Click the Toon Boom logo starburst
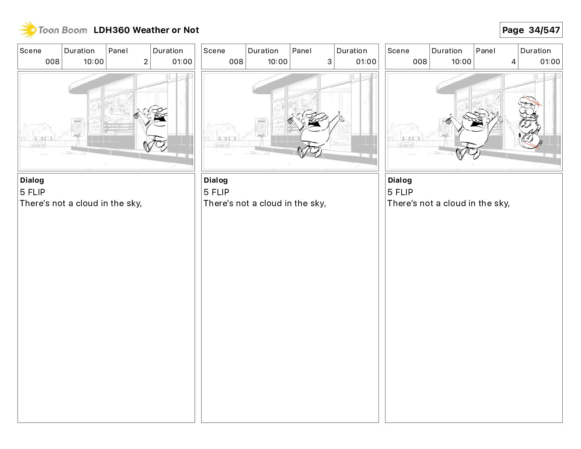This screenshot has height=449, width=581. tap(28, 30)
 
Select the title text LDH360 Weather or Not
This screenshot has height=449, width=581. tap(146, 30)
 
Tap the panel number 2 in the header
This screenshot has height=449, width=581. tap(146, 62)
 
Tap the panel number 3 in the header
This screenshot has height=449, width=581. tap(329, 62)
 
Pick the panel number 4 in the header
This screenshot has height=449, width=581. tap(514, 62)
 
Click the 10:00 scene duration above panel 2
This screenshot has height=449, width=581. tap(94, 62)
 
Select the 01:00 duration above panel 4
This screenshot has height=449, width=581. tap(550, 62)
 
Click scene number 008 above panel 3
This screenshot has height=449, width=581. tap(236, 62)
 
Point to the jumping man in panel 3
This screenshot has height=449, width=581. tap(316, 132)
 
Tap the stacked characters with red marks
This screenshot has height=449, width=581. tap(529, 123)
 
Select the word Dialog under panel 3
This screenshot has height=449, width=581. tap(216, 180)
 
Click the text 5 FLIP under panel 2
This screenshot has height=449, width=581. tap(33, 192)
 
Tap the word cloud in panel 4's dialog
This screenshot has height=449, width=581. tap(454, 203)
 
